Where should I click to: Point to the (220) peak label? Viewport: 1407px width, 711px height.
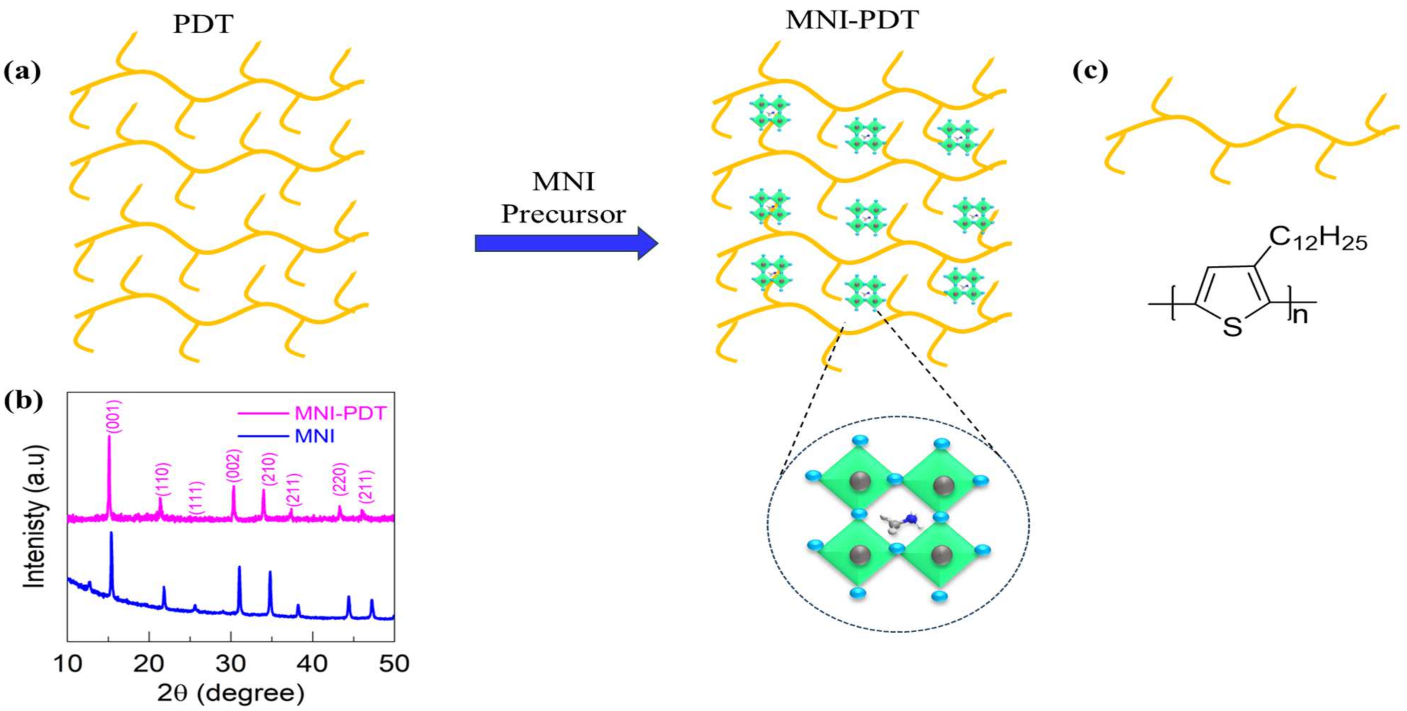pyautogui.click(x=340, y=479)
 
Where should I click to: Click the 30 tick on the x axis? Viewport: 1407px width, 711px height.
pyautogui.click(x=231, y=664)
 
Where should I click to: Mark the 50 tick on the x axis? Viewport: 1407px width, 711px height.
pyautogui.click(x=394, y=664)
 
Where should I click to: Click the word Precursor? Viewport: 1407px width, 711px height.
pyautogui.click(x=563, y=214)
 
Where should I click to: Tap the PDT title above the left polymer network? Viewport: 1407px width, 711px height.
pyautogui.click(x=203, y=25)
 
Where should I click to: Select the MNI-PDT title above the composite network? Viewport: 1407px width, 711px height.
pyautogui.click(x=852, y=20)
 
